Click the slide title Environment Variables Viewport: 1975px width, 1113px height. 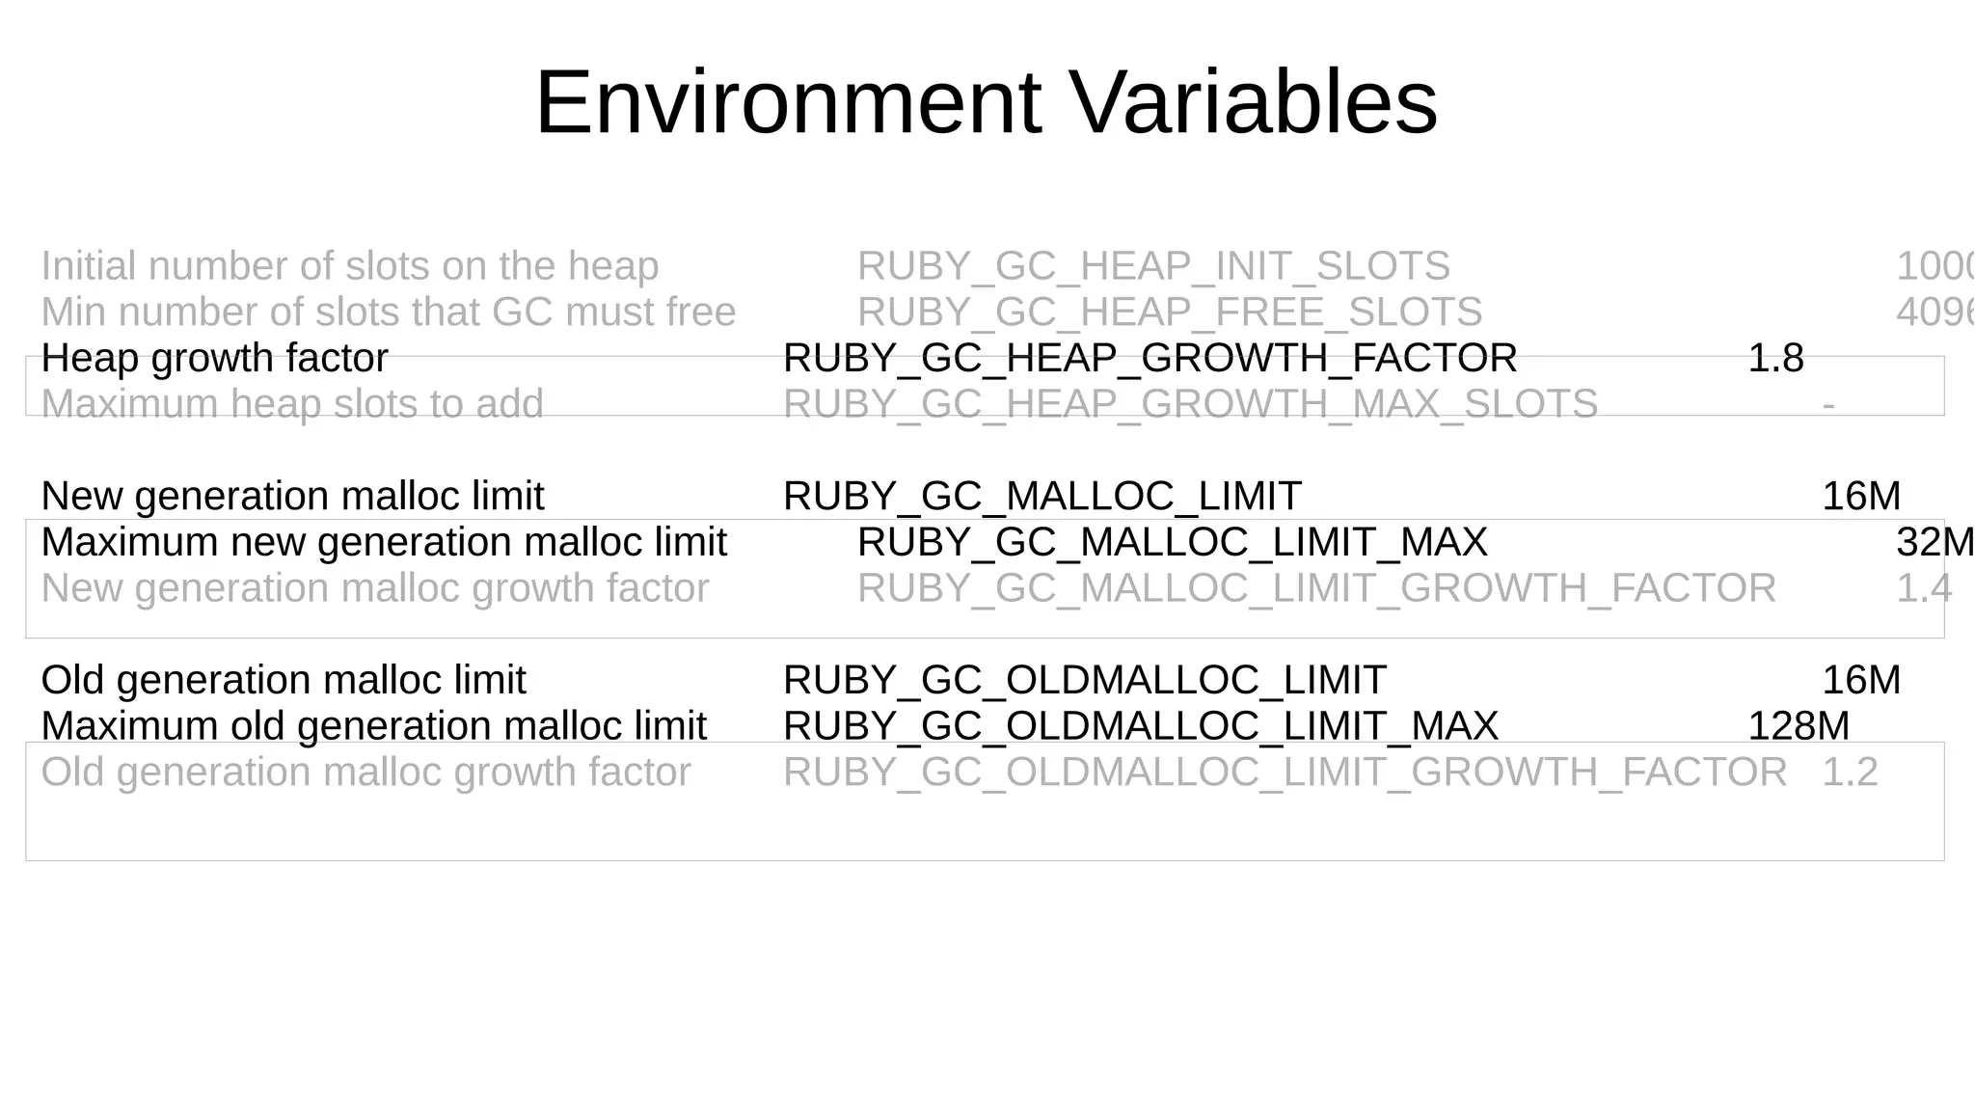pyautogui.click(x=986, y=102)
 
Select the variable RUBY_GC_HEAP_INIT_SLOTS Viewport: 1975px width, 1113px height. pyautogui.click(x=1153, y=266)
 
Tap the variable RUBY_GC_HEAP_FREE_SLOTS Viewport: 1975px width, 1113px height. pyautogui.click(x=1170, y=312)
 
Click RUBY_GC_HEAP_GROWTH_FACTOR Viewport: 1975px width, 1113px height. pyautogui.click(x=1150, y=359)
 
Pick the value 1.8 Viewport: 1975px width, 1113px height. pyautogui.click(x=1775, y=359)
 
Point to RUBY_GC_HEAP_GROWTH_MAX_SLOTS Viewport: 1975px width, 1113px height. pyautogui.click(x=1190, y=404)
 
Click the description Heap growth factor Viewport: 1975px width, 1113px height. pyautogui.click(x=214, y=359)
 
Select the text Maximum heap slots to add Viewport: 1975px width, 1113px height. pyautogui.click(x=292, y=404)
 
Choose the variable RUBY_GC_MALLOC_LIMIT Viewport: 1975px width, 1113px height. pyautogui.click(x=1042, y=497)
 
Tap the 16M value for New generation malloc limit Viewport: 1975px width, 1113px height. pyautogui.click(x=1861, y=497)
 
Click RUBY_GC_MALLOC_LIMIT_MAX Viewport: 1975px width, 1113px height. pyautogui.click(x=1172, y=543)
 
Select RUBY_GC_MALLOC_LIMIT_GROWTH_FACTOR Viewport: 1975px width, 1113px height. pyautogui.click(x=1316, y=588)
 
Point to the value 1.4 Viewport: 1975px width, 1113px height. pyautogui.click(x=1924, y=588)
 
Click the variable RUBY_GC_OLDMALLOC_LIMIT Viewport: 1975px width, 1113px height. pyautogui.click(x=1084, y=681)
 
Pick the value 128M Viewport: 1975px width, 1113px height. pyautogui.click(x=1799, y=726)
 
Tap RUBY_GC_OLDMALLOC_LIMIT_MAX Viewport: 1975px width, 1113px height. pyautogui.click(x=1141, y=726)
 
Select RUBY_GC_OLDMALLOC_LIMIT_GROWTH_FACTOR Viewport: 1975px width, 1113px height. pyautogui.click(x=1285, y=773)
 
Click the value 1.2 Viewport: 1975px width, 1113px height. pyautogui.click(x=1850, y=773)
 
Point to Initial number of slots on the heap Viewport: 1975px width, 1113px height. pyautogui.click(x=350, y=266)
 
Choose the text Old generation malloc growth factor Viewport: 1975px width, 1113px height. pyautogui.click(x=365, y=773)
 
